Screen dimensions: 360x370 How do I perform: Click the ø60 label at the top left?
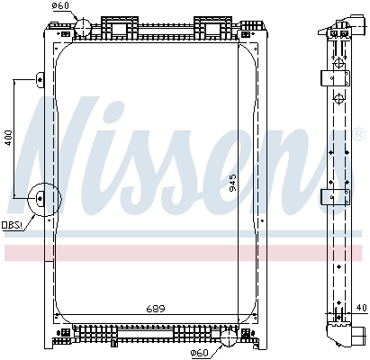[60, 7]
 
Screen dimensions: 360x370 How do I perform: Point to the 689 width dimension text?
[158, 310]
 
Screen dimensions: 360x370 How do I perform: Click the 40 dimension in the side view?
[362, 309]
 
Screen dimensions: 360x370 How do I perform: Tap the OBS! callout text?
[13, 225]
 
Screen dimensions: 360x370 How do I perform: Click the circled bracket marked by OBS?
[42, 200]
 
